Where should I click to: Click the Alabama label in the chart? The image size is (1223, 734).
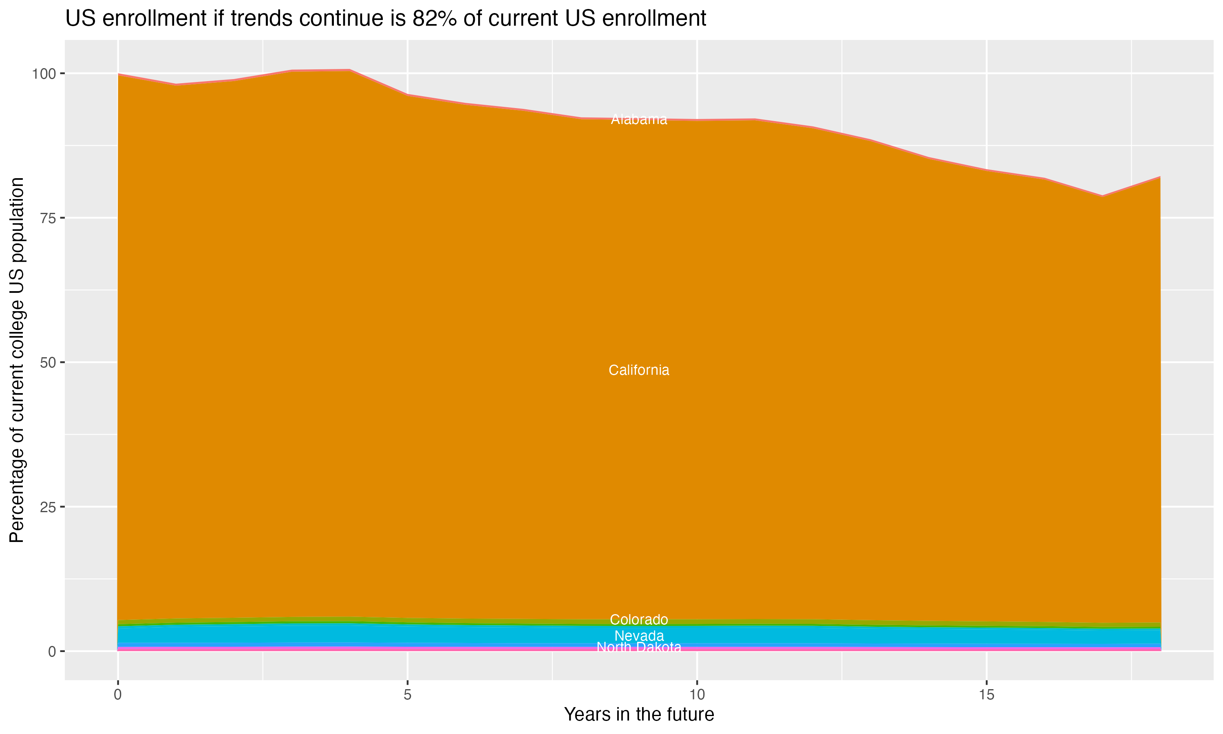click(639, 119)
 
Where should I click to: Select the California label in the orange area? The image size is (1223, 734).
click(639, 370)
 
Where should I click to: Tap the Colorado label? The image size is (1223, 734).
click(639, 619)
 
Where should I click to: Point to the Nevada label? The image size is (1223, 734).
click(639, 636)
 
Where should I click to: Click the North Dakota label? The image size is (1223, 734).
click(639, 647)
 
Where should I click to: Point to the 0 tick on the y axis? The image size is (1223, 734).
click(51, 651)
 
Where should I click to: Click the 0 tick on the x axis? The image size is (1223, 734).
click(118, 695)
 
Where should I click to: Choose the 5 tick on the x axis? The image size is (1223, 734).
click(407, 695)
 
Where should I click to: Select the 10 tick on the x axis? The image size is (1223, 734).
click(697, 695)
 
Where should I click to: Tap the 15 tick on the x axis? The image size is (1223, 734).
click(986, 695)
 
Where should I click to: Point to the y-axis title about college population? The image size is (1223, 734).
click(17, 360)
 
